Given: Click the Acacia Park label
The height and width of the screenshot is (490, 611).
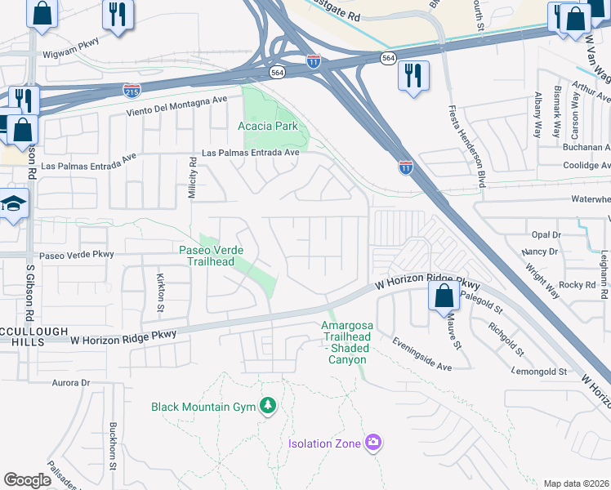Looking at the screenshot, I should coord(268,126).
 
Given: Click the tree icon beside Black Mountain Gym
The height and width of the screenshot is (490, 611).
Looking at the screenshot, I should coord(267,406).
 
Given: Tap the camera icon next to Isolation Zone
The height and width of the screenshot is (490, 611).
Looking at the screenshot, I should coord(373,443).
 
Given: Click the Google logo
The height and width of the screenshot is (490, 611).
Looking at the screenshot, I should coord(27,480).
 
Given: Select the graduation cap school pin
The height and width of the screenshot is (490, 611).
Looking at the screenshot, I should coord(13,203).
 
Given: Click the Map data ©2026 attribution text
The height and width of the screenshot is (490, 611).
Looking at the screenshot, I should coord(576,483).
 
